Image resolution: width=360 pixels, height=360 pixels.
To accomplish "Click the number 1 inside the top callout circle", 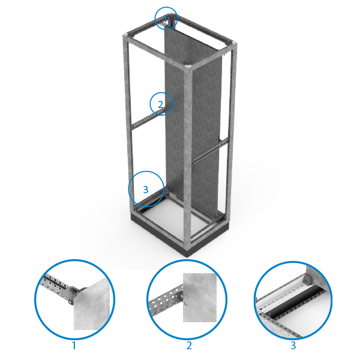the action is (166, 19).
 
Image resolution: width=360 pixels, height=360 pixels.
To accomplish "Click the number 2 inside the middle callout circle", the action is (161, 104).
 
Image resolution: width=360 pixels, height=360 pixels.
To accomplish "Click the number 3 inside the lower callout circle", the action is (146, 190).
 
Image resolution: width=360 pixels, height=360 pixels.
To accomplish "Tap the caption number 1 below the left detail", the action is (74, 346).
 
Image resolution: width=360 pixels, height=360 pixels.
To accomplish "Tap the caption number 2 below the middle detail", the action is (189, 346).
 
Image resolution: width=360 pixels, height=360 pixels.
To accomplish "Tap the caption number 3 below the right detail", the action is (293, 346).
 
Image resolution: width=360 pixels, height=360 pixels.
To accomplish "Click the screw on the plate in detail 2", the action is (185, 304).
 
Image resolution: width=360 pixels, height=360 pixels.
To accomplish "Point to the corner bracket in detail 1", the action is (74, 295).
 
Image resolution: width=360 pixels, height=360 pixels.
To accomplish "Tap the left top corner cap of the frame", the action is (125, 35).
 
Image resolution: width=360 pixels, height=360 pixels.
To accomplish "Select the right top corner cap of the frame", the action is (234, 44).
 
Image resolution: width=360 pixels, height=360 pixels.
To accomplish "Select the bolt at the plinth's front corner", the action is (181, 250).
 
